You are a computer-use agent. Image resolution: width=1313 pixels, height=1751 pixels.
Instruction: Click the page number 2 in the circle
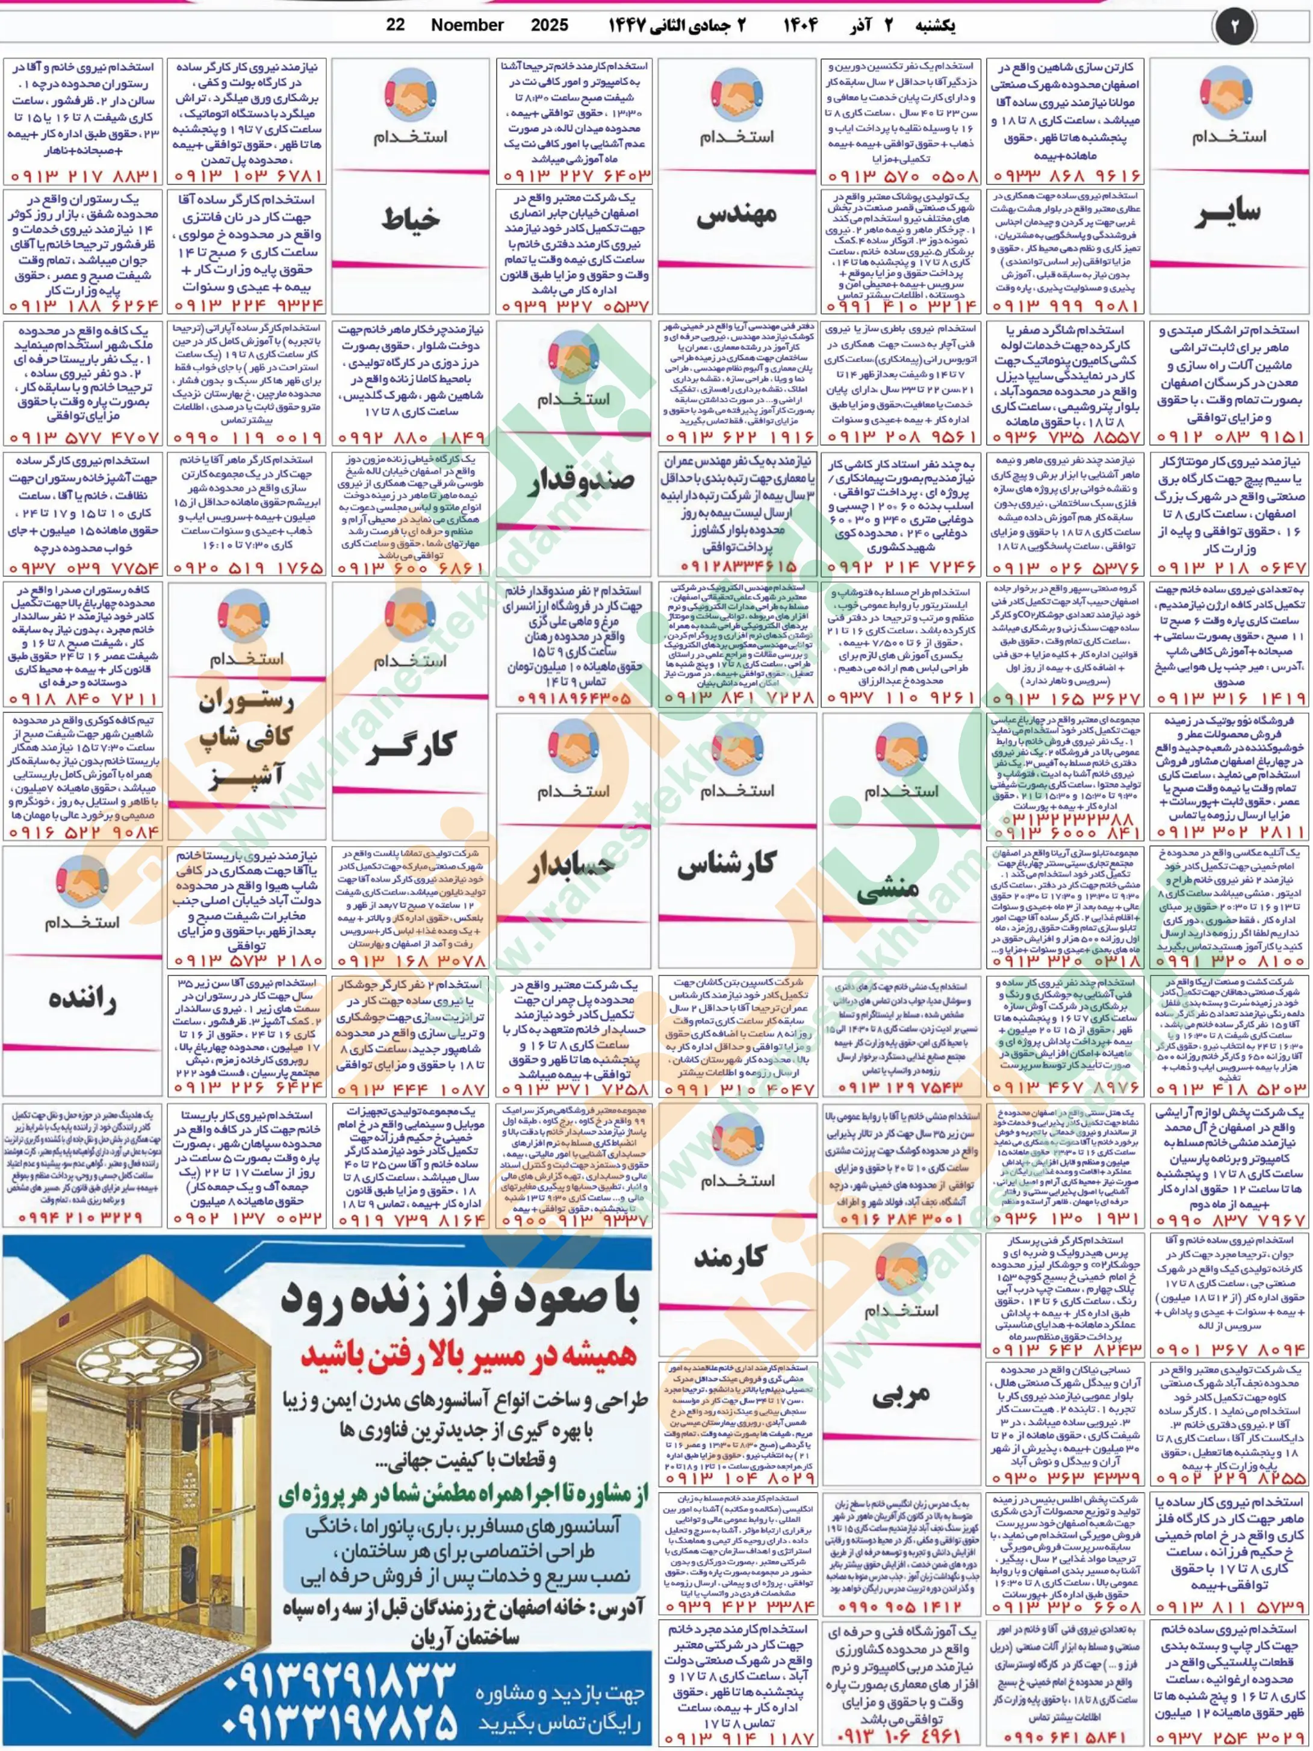[1235, 26]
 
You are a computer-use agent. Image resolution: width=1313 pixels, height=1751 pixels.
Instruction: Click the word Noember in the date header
[468, 25]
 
